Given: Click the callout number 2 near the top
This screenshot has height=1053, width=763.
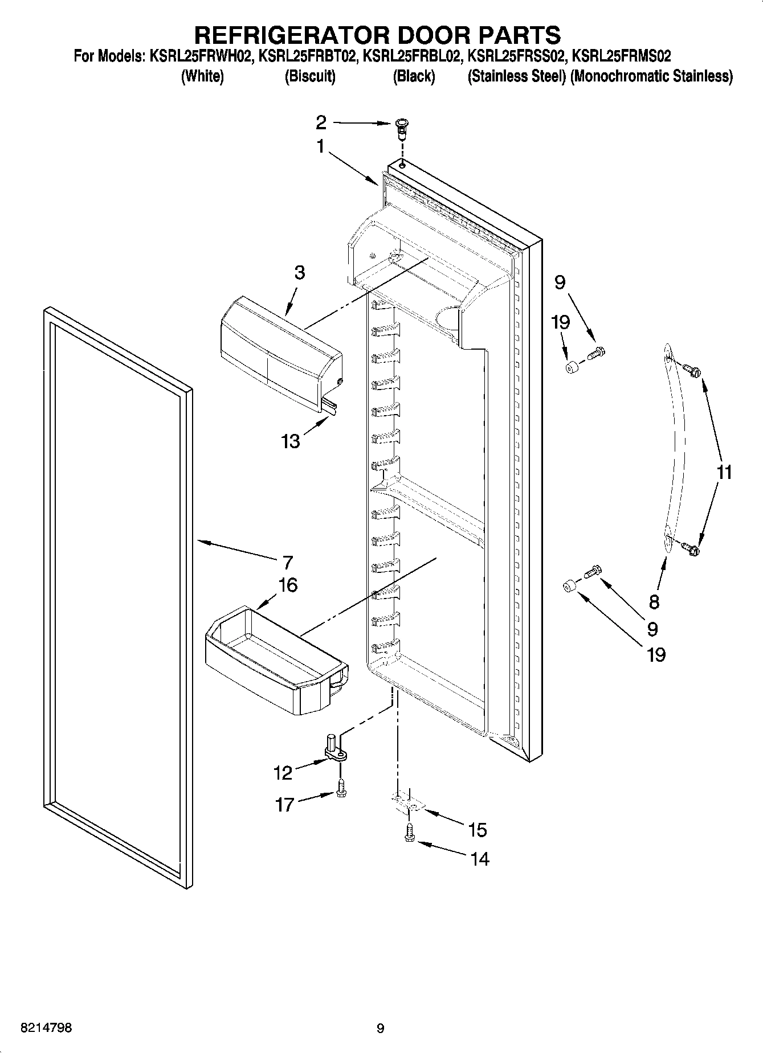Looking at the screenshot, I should tap(321, 122).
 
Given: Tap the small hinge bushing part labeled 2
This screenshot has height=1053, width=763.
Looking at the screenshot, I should tap(402, 129).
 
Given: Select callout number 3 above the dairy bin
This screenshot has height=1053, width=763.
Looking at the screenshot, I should tap(299, 273).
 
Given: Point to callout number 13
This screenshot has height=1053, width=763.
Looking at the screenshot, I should tap(291, 441).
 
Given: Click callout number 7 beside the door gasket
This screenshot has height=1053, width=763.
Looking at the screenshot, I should tap(287, 563).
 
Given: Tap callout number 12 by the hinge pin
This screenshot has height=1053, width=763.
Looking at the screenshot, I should tap(283, 773).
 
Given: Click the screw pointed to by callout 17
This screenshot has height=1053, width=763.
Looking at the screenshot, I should tap(341, 789).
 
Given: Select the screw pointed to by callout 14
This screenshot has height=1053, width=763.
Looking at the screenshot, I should tap(409, 836).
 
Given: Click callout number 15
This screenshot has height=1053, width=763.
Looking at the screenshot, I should tap(478, 830).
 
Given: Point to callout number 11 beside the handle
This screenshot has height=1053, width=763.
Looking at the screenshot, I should tap(724, 472).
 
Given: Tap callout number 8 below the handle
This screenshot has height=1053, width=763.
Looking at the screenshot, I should tap(654, 601).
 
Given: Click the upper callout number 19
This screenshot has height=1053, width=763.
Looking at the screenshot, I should tap(561, 322).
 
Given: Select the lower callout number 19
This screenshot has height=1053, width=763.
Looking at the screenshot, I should tap(656, 655).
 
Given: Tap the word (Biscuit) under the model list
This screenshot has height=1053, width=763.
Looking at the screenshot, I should tap(309, 76).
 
